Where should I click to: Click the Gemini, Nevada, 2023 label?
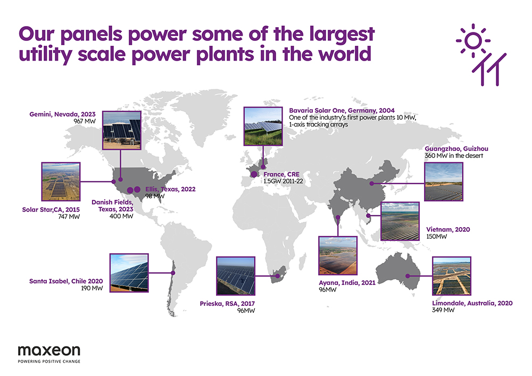[x=62, y=114]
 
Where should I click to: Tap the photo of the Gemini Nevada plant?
[x=121, y=130]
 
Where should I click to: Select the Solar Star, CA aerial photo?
[x=61, y=182]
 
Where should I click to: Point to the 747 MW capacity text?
[x=69, y=216]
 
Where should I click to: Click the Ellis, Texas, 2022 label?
[x=170, y=189]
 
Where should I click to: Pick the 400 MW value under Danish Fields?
[x=121, y=216]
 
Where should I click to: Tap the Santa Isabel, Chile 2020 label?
[x=66, y=281]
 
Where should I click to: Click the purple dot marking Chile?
[x=173, y=273]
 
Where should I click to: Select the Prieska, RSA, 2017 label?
[x=227, y=304]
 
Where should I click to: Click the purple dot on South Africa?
[x=278, y=276]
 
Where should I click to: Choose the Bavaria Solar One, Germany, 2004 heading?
[x=342, y=111]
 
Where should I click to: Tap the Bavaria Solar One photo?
[x=263, y=126]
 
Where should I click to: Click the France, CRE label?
[x=281, y=174]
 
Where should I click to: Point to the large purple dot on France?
[x=254, y=174]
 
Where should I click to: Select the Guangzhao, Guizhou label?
[x=456, y=149]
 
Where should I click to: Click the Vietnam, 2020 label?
[x=448, y=230]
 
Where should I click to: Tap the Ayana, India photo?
[x=338, y=256]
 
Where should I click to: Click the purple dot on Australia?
[x=408, y=276]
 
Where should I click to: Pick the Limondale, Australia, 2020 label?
[x=472, y=303]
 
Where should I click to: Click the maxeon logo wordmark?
[x=49, y=350]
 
